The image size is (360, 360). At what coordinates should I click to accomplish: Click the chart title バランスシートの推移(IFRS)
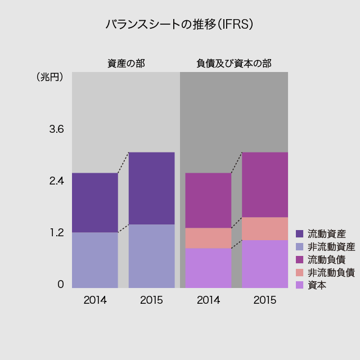tap(179, 24)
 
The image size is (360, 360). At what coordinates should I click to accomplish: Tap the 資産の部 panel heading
tap(126, 64)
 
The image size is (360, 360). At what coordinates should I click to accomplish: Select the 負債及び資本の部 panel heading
tap(233, 64)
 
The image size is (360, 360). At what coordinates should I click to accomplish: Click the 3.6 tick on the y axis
tap(56, 129)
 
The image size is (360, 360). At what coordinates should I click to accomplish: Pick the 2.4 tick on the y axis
tap(56, 181)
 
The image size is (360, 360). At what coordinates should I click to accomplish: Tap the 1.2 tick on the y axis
tap(56, 233)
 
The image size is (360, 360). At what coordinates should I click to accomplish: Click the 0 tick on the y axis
tap(60, 285)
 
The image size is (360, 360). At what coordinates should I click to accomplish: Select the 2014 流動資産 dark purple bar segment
tap(95, 202)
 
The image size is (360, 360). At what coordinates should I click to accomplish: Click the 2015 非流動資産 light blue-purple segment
tap(151, 256)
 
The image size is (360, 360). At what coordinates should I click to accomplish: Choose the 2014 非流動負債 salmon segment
tap(208, 238)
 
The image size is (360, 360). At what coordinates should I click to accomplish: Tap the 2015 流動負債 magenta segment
tap(264, 184)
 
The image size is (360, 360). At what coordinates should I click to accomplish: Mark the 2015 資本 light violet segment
tap(264, 264)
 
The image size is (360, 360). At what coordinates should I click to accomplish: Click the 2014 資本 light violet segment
tap(208, 268)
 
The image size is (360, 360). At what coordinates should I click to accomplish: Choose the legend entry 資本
tap(317, 285)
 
